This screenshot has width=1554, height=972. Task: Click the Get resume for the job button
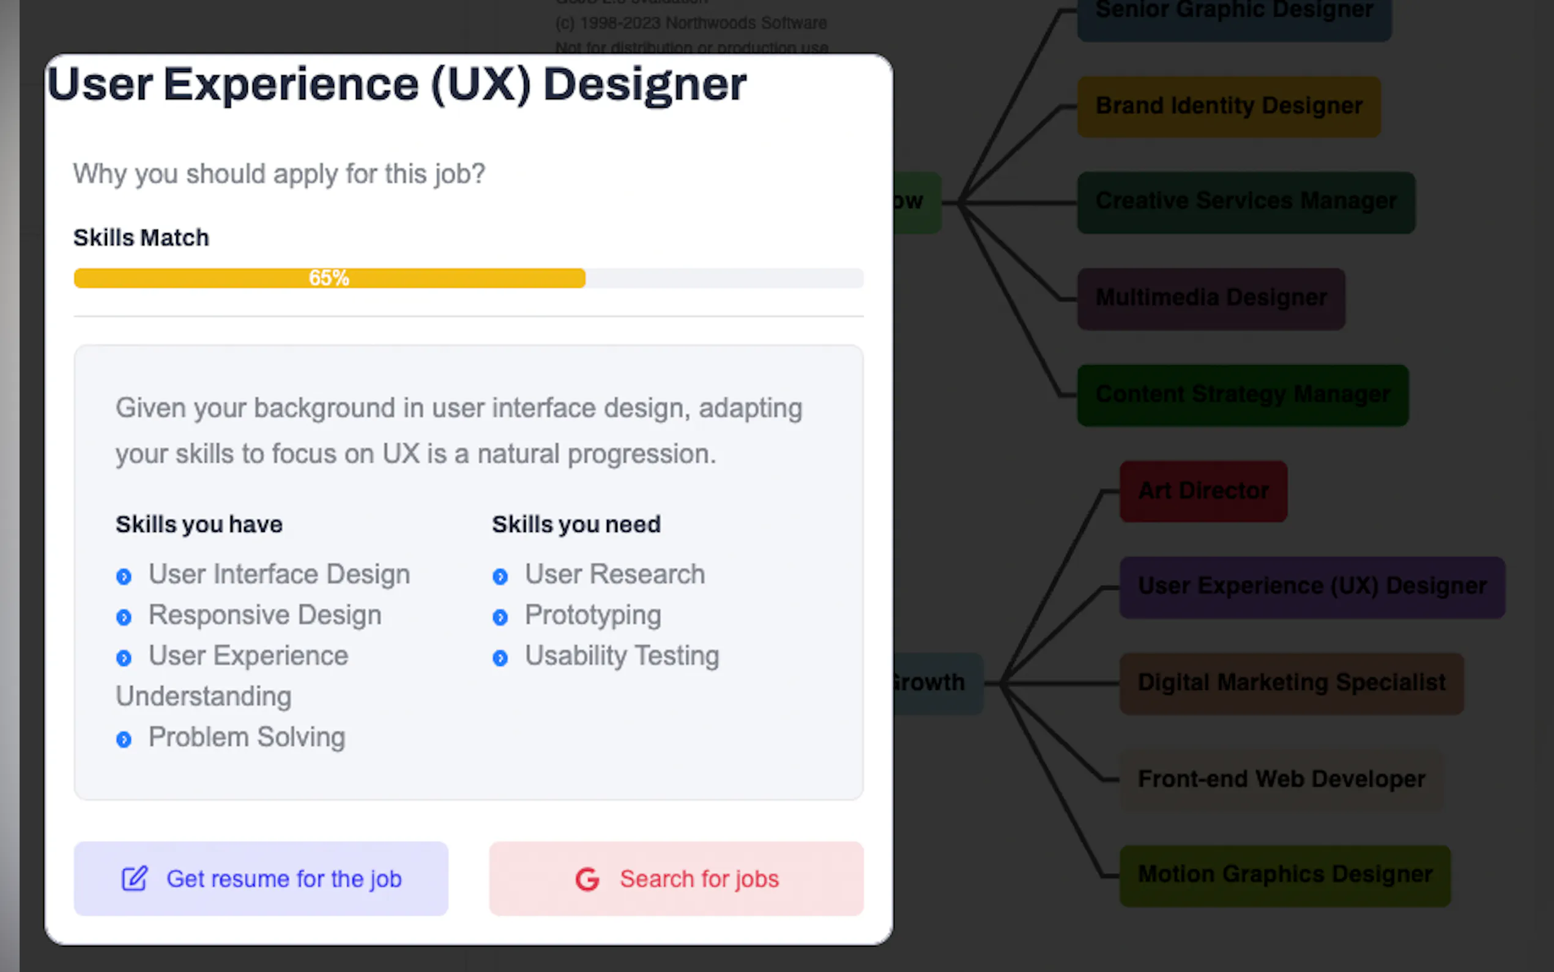pos(261,878)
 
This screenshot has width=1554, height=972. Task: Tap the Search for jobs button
pos(676,878)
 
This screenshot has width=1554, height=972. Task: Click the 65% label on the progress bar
pos(329,278)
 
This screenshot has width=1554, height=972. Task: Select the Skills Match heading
pos(141,238)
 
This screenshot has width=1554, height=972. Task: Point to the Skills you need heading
pos(576,525)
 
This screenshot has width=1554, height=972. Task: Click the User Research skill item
pos(614,574)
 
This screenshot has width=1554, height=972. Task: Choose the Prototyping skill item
pos(592,615)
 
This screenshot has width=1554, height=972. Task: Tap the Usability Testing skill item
pos(621,656)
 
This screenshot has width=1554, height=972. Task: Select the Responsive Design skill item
pos(265,615)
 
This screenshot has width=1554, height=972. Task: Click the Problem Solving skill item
pos(247,738)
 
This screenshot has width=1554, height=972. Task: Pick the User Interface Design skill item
pos(279,574)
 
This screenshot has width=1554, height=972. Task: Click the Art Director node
pos(1203,491)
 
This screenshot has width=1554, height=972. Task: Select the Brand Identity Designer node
pos(1229,106)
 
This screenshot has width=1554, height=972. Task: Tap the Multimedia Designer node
pos(1211,298)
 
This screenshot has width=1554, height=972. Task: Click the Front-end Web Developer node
pos(1281,779)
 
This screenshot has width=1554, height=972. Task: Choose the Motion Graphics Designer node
pos(1285,875)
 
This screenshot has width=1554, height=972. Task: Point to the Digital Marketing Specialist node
pos(1292,682)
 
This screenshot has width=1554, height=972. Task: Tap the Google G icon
pos(587,879)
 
